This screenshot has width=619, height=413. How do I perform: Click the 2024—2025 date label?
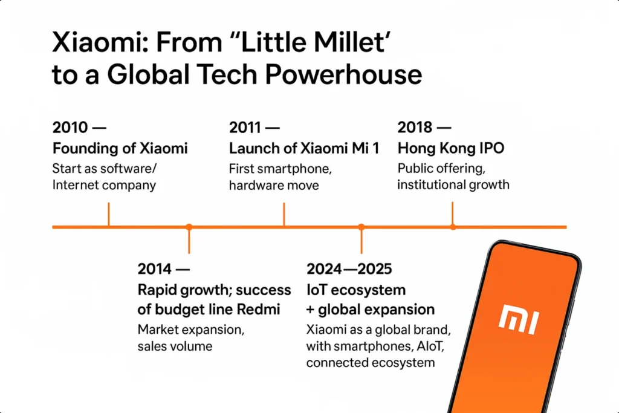(x=349, y=268)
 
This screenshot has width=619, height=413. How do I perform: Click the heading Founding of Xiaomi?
(x=120, y=148)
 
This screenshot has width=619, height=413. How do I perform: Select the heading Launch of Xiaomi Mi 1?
(x=304, y=148)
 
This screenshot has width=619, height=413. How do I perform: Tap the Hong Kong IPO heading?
(x=451, y=148)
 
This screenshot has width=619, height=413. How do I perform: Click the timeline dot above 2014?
(x=189, y=227)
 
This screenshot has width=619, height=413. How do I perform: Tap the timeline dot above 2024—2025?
(x=361, y=227)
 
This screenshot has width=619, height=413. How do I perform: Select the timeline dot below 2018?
(x=453, y=227)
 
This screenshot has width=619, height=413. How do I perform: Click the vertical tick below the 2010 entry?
(x=108, y=215)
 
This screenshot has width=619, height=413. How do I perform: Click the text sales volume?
(x=175, y=346)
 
